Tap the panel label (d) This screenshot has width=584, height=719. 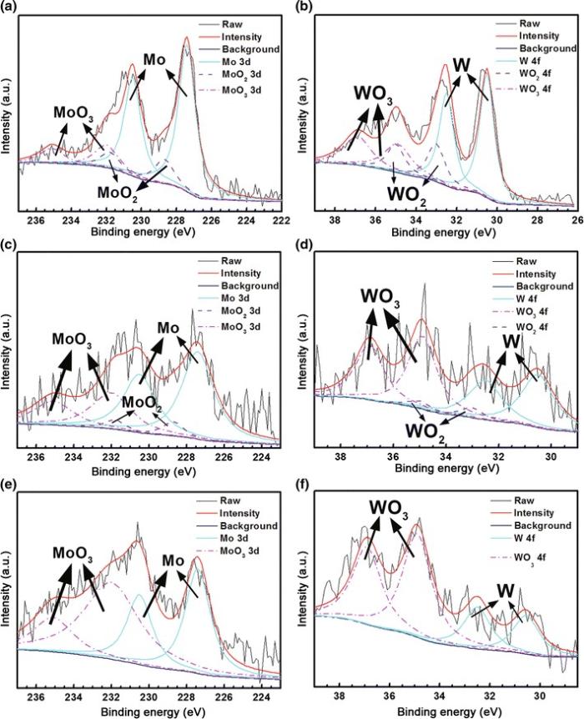(303, 247)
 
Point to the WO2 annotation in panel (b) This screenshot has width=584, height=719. (410, 191)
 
